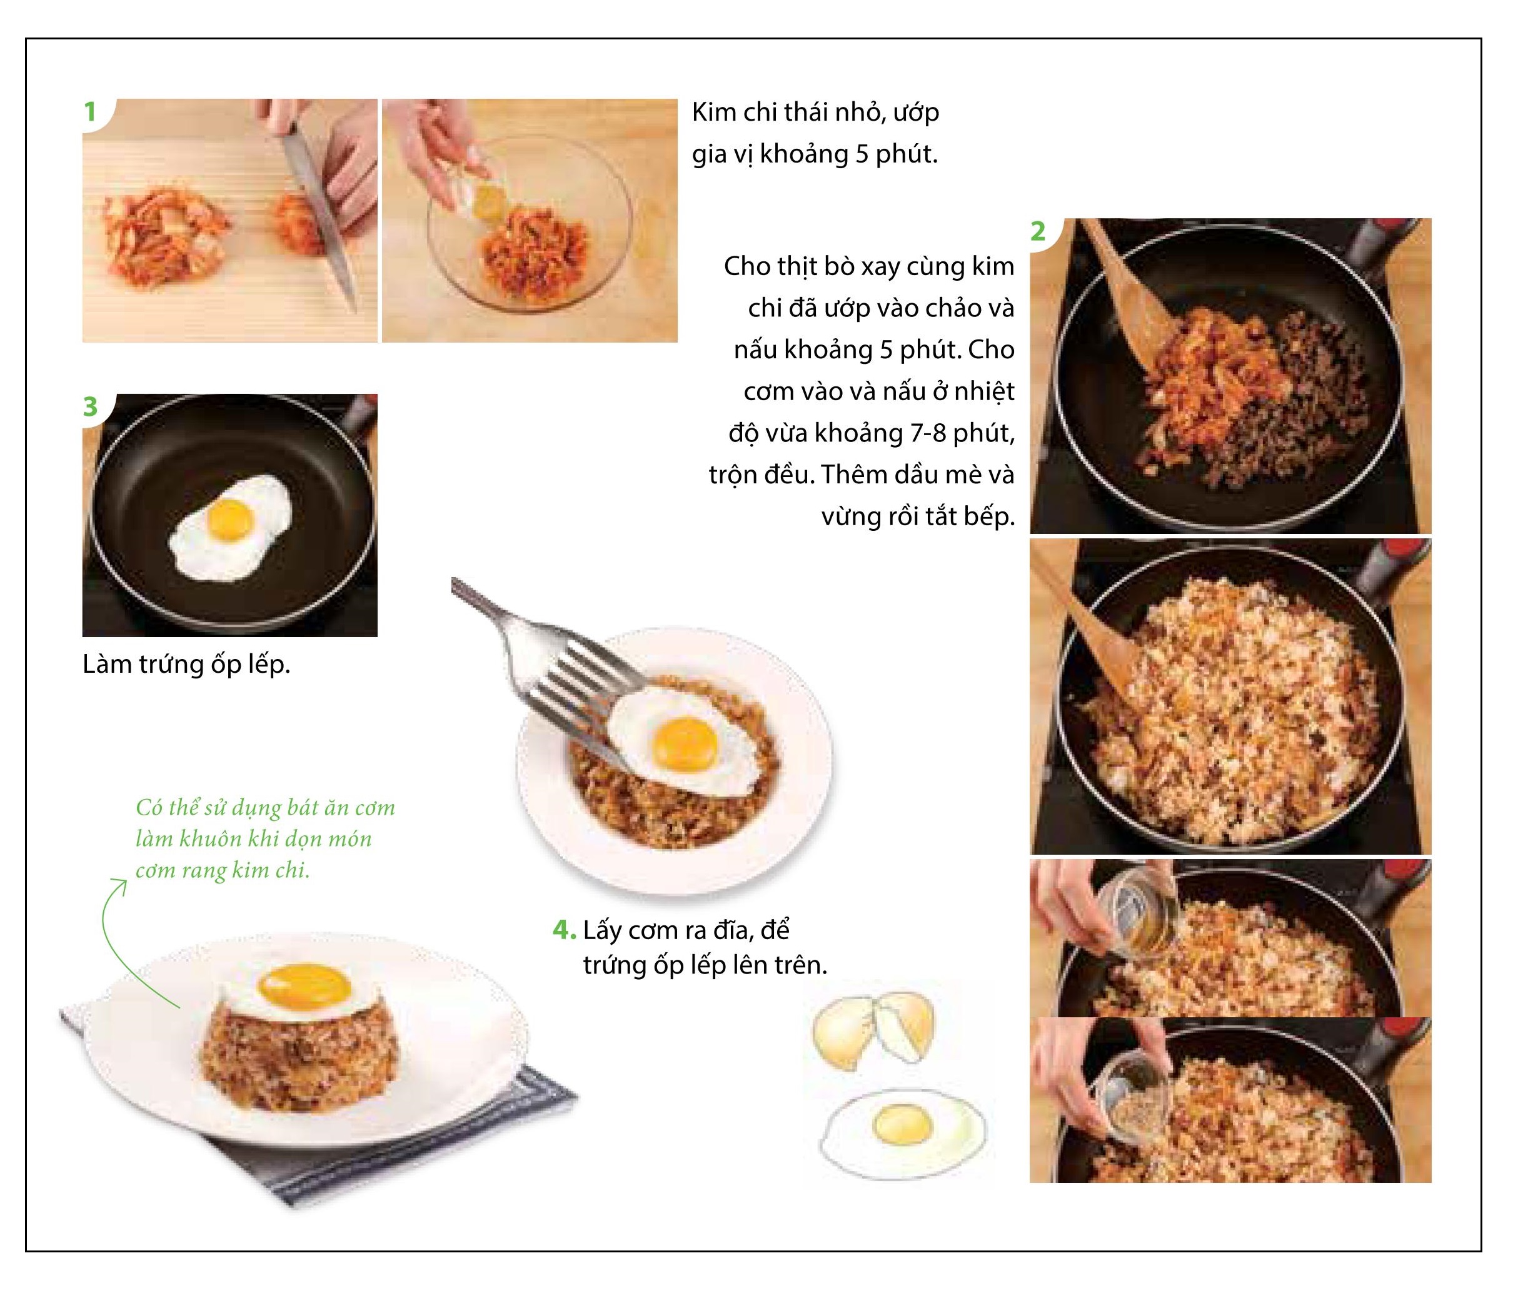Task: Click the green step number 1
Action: [90, 112]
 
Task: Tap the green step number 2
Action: [1038, 231]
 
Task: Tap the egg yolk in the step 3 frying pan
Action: [230, 518]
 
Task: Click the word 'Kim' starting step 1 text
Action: [714, 112]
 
